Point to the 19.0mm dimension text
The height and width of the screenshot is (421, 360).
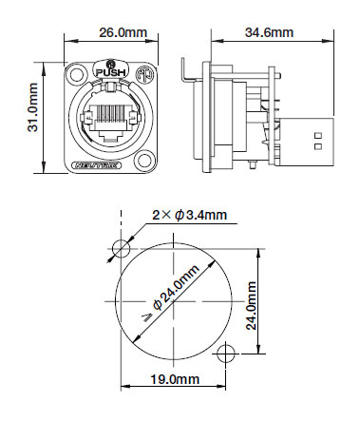tap(172, 379)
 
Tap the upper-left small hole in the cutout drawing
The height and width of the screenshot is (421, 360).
tap(121, 248)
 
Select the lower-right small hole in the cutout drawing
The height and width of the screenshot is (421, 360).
tap(224, 354)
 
